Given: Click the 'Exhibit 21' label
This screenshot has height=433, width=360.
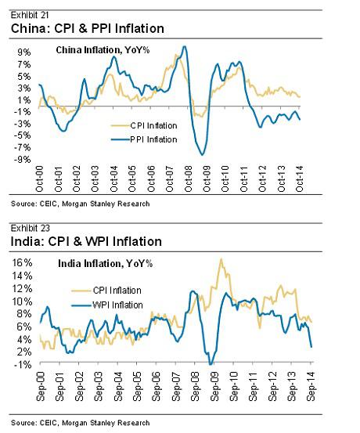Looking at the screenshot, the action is click(30, 15).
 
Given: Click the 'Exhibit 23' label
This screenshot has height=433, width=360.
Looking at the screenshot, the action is click(31, 229).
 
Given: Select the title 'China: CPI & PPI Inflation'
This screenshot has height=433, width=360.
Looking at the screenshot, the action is click(88, 28).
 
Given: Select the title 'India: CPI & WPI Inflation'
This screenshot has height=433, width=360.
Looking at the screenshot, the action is click(86, 242).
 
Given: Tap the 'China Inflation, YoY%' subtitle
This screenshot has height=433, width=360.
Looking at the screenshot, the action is click(103, 50).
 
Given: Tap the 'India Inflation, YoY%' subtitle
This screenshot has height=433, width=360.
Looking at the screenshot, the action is click(105, 264).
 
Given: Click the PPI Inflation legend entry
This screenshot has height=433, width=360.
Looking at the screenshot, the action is click(144, 139).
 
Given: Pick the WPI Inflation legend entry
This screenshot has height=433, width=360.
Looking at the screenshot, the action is click(107, 305).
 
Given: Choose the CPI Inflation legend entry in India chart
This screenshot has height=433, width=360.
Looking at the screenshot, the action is click(106, 290).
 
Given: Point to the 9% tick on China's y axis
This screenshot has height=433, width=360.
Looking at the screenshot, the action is click(24, 52).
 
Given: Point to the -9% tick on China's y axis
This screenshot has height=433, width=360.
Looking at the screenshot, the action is click(22, 160).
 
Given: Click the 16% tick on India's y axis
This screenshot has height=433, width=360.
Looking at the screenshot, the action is click(22, 262).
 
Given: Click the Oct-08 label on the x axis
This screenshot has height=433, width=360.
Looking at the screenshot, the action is click(189, 179).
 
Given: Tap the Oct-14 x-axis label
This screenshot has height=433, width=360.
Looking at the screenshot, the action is click(300, 179).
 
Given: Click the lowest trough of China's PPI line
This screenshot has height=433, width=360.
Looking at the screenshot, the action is click(203, 155).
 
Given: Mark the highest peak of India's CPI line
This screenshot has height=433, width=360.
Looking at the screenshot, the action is click(221, 259).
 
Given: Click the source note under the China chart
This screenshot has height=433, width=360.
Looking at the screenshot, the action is click(81, 204).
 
